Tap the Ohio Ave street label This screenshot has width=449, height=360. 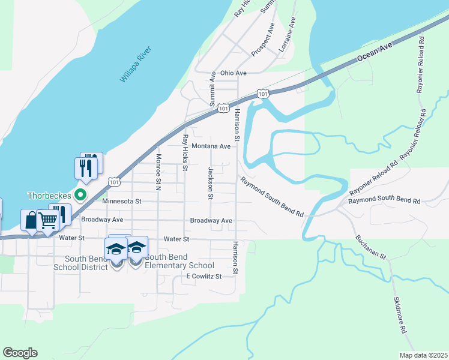click(234, 73)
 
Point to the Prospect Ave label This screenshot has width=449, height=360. click(263, 40)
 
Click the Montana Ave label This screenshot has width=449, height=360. click(211, 146)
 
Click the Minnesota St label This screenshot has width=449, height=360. click(121, 202)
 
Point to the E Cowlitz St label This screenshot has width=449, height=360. click(204, 276)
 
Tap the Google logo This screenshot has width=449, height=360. click(20, 353)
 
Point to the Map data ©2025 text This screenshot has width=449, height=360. click(423, 355)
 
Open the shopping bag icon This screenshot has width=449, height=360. click(30, 220)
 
